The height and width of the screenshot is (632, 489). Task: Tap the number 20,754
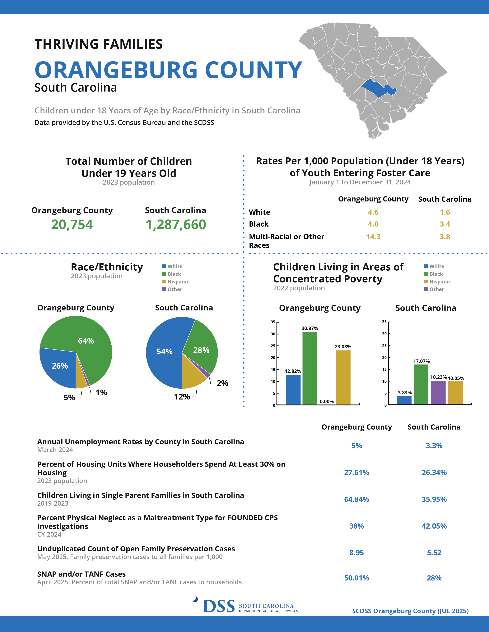(x=72, y=225)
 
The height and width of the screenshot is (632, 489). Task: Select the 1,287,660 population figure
(x=175, y=225)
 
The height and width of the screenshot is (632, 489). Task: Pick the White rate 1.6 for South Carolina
(x=445, y=212)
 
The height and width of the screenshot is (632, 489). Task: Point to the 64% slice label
(x=86, y=341)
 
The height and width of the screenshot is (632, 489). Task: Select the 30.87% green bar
(x=310, y=368)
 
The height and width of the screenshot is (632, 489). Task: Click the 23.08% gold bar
(x=343, y=377)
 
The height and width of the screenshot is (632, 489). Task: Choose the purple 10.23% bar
(x=438, y=392)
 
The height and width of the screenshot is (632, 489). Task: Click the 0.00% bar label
(x=327, y=401)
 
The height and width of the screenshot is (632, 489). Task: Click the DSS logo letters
(x=219, y=606)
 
